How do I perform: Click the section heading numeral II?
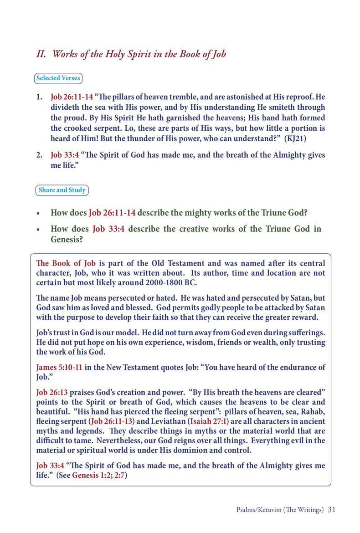[41, 55]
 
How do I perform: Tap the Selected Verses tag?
[58, 78]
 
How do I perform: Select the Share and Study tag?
[62, 190]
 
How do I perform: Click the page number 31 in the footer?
[331, 509]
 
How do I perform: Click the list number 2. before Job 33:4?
[40, 155]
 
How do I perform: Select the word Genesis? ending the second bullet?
[67, 239]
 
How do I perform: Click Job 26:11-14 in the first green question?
[112, 213]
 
